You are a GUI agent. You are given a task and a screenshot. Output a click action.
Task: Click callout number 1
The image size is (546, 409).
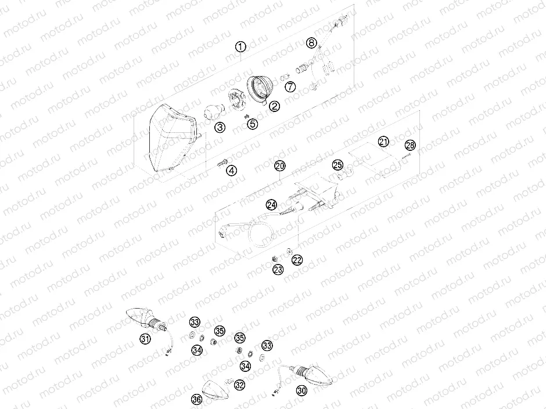(241, 47)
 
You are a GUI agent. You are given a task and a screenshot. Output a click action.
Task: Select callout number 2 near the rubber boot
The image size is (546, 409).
(273, 106)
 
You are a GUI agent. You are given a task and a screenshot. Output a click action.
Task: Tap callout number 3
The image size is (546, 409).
(219, 128)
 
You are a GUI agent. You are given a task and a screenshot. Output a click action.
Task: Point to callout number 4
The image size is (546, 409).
(232, 171)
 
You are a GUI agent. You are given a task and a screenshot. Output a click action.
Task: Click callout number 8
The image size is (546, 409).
(312, 42)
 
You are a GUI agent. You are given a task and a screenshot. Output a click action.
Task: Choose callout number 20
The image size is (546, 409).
(280, 166)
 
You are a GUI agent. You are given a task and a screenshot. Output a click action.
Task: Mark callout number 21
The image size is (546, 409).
(383, 142)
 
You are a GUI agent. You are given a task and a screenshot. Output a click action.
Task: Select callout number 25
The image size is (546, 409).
(337, 165)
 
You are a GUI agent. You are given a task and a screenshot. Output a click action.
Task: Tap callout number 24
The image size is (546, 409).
(272, 204)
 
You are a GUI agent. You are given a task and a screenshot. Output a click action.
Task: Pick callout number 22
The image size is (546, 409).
(297, 260)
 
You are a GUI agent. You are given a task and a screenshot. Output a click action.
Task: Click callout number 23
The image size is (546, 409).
(278, 269)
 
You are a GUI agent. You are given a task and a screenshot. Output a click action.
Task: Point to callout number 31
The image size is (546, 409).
(145, 339)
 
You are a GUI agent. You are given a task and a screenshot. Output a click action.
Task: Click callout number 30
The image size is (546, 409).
(301, 390)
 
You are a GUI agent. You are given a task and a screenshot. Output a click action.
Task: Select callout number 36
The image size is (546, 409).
(196, 399)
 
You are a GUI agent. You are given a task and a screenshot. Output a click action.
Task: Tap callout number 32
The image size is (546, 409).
(239, 385)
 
